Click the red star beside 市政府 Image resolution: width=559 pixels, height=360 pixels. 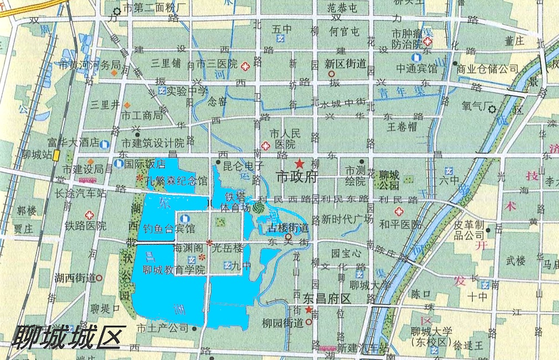pos(299,163)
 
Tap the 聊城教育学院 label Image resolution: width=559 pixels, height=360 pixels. pos(173,270)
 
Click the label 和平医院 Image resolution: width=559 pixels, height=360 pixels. pos(400,224)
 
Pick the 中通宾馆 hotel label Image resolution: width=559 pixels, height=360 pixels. pos(416,69)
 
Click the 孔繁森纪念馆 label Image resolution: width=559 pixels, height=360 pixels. pos(176,181)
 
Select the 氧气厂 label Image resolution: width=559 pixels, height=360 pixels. pos(476,105)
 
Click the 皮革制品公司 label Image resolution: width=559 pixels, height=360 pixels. pos(469,230)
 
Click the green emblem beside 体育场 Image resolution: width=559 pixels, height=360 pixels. pos(259,208)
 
